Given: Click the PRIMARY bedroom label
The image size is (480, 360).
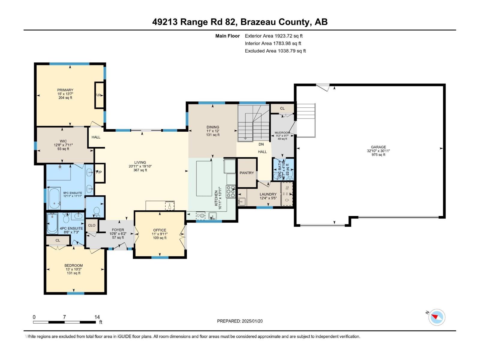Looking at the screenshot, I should (65, 90).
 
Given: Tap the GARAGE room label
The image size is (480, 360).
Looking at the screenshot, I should (378, 147).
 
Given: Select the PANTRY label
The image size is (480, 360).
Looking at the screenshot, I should (247, 173).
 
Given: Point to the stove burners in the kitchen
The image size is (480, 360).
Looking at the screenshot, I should (231, 191).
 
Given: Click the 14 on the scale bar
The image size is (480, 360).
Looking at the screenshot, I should (97, 317).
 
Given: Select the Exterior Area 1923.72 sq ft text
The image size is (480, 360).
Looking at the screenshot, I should (274, 36).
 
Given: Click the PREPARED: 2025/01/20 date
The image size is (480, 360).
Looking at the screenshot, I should (240, 321).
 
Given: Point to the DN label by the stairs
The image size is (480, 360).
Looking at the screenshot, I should (261, 144).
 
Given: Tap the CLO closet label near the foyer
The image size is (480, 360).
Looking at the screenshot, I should (92, 225).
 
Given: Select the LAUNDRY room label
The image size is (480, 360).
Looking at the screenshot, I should (268, 194).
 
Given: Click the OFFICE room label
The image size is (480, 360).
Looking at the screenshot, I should (160, 230).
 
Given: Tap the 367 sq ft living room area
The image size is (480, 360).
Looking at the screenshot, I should (140, 170).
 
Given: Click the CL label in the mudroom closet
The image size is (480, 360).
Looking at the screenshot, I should (282, 108).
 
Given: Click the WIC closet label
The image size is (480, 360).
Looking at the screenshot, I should (63, 141).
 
